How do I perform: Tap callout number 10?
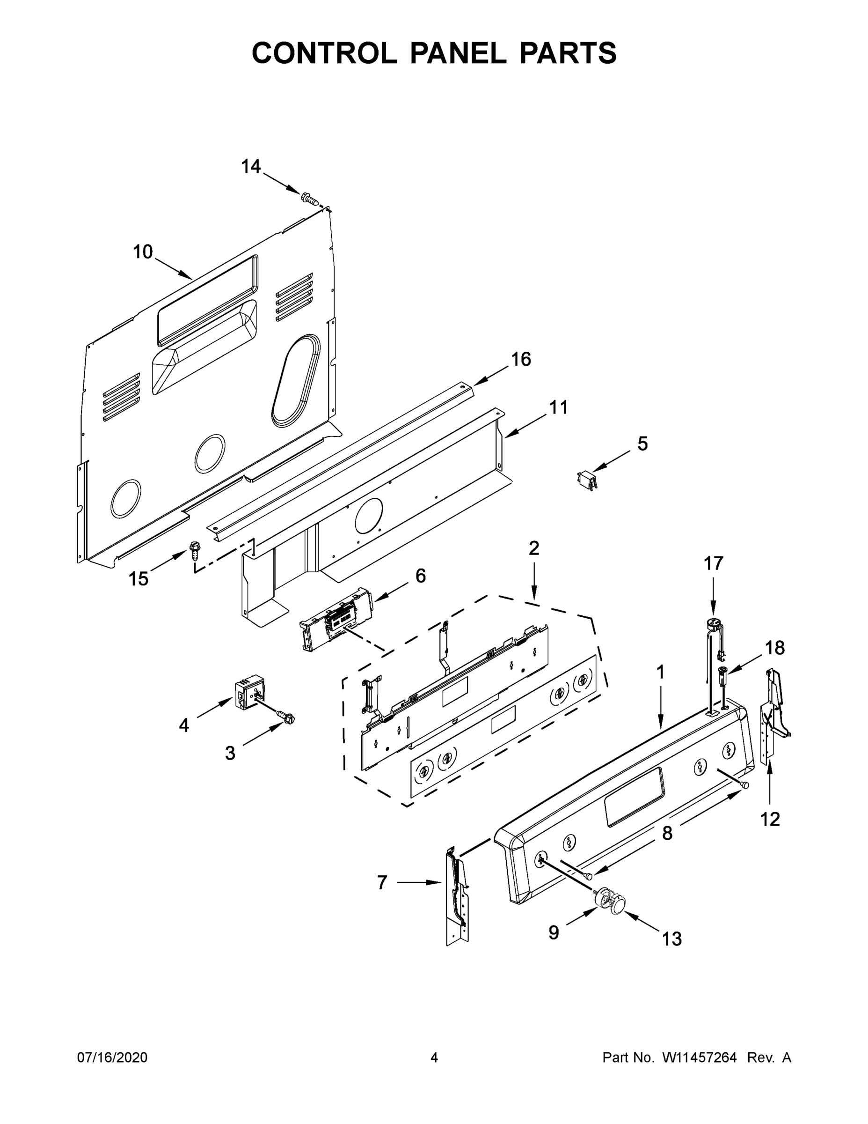(x=143, y=252)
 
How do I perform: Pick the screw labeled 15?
(x=195, y=550)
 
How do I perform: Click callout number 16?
(x=521, y=359)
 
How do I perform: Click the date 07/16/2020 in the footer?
(x=112, y=1057)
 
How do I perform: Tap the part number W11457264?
(x=700, y=1057)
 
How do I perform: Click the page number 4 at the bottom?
(x=434, y=1057)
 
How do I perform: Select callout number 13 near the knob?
(x=671, y=939)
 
